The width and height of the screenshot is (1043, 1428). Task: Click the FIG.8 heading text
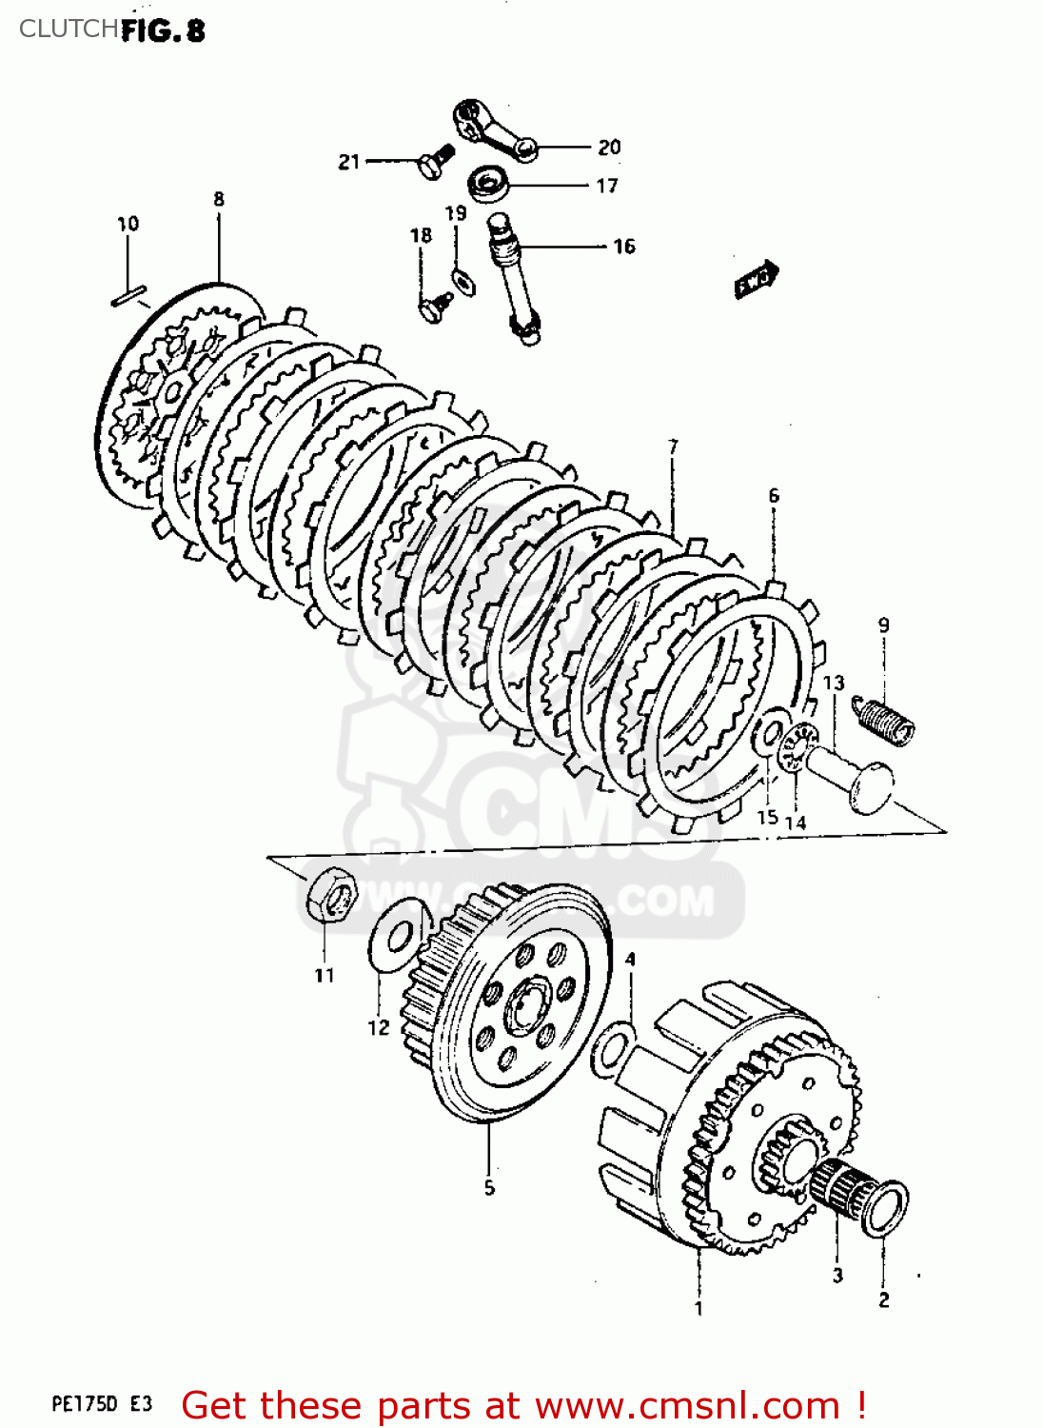[163, 30]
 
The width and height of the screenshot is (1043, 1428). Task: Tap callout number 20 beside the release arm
[609, 148]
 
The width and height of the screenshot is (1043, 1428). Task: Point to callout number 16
[623, 247]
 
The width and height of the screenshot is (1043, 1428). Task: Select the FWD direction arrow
[757, 279]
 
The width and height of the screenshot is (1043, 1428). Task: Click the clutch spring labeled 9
[884, 717]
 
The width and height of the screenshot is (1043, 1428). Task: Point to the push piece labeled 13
[853, 776]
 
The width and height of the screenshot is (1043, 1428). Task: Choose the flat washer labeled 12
[391, 936]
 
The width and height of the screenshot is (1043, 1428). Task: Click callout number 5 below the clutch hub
[489, 1187]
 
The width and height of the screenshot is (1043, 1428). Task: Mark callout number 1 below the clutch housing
[699, 1308]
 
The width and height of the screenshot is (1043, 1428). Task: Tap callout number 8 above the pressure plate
[219, 199]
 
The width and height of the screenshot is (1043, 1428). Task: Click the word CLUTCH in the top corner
[68, 29]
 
